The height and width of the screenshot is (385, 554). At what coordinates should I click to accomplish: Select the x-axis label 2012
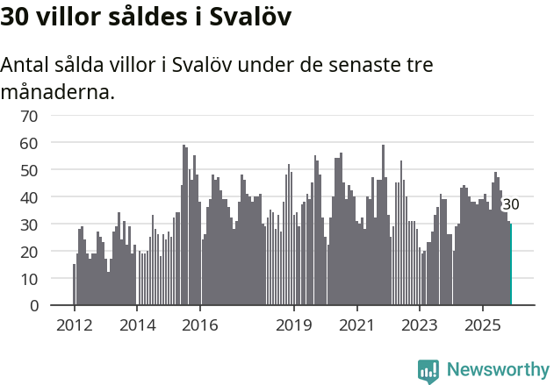coord(74,325)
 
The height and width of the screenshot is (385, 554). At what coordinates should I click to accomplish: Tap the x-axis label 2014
coord(136,325)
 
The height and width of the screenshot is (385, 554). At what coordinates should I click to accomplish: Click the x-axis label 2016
coord(200,325)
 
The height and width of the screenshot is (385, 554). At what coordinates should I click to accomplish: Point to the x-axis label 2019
coord(294,325)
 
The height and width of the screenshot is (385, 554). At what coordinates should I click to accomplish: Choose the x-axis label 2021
coord(356,325)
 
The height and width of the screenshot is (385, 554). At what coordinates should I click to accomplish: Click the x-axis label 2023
coord(420,325)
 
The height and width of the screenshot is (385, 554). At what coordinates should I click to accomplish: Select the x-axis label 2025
coord(483,325)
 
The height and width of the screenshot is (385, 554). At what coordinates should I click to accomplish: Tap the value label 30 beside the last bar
coord(510,204)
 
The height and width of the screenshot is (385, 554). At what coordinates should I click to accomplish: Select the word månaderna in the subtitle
coord(58,90)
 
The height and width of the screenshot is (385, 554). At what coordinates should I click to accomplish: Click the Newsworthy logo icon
coord(428,371)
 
